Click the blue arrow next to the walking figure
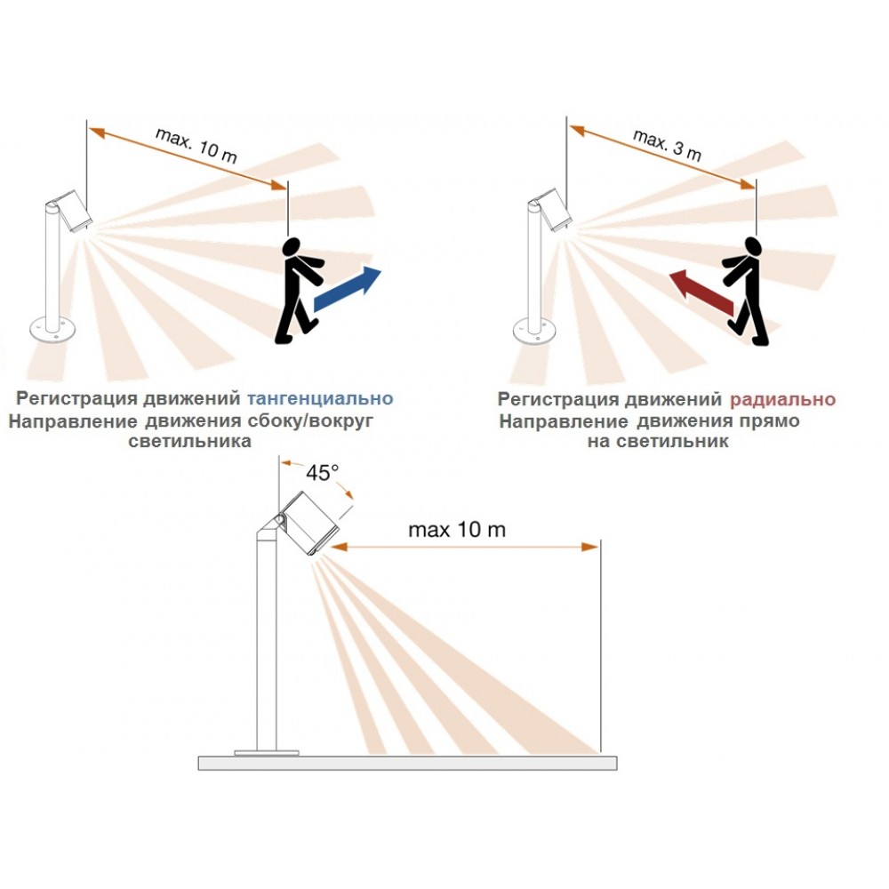(347, 289)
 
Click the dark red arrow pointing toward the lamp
(702, 292)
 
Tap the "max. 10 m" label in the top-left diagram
(196, 145)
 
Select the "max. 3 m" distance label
(668, 145)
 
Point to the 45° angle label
(322, 473)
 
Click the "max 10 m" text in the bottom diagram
(457, 530)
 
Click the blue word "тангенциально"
(320, 398)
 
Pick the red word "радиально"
(782, 399)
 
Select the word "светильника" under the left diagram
(190, 442)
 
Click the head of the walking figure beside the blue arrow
(292, 247)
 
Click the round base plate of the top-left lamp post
(52, 330)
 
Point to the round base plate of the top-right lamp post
(535, 331)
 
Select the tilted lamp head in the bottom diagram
(309, 523)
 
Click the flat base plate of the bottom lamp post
(267, 753)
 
